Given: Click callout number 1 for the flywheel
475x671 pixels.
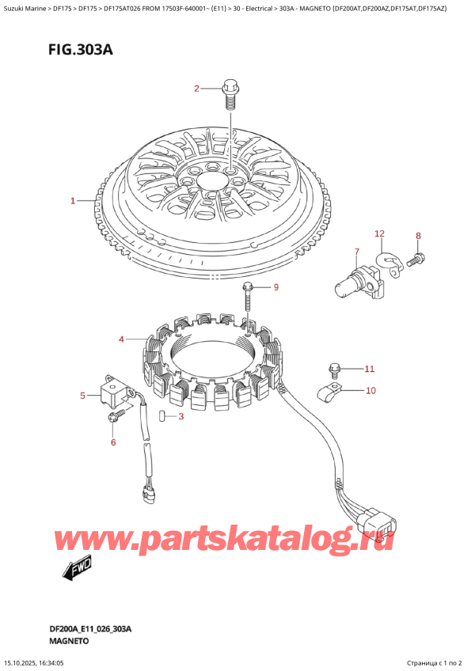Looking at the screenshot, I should (73, 201).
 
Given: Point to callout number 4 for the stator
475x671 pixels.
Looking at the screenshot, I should (122, 339).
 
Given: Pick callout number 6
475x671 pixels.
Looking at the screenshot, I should (113, 442).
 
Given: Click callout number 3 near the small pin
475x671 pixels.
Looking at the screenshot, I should (180, 416).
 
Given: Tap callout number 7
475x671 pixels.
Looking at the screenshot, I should (356, 252).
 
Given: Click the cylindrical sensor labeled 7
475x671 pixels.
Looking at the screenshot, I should (349, 281).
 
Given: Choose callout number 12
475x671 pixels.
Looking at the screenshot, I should (379, 233).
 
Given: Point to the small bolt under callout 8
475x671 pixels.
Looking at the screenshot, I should (416, 258).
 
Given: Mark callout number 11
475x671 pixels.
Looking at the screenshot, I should (368, 369).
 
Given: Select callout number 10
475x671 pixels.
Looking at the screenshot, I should (370, 390).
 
